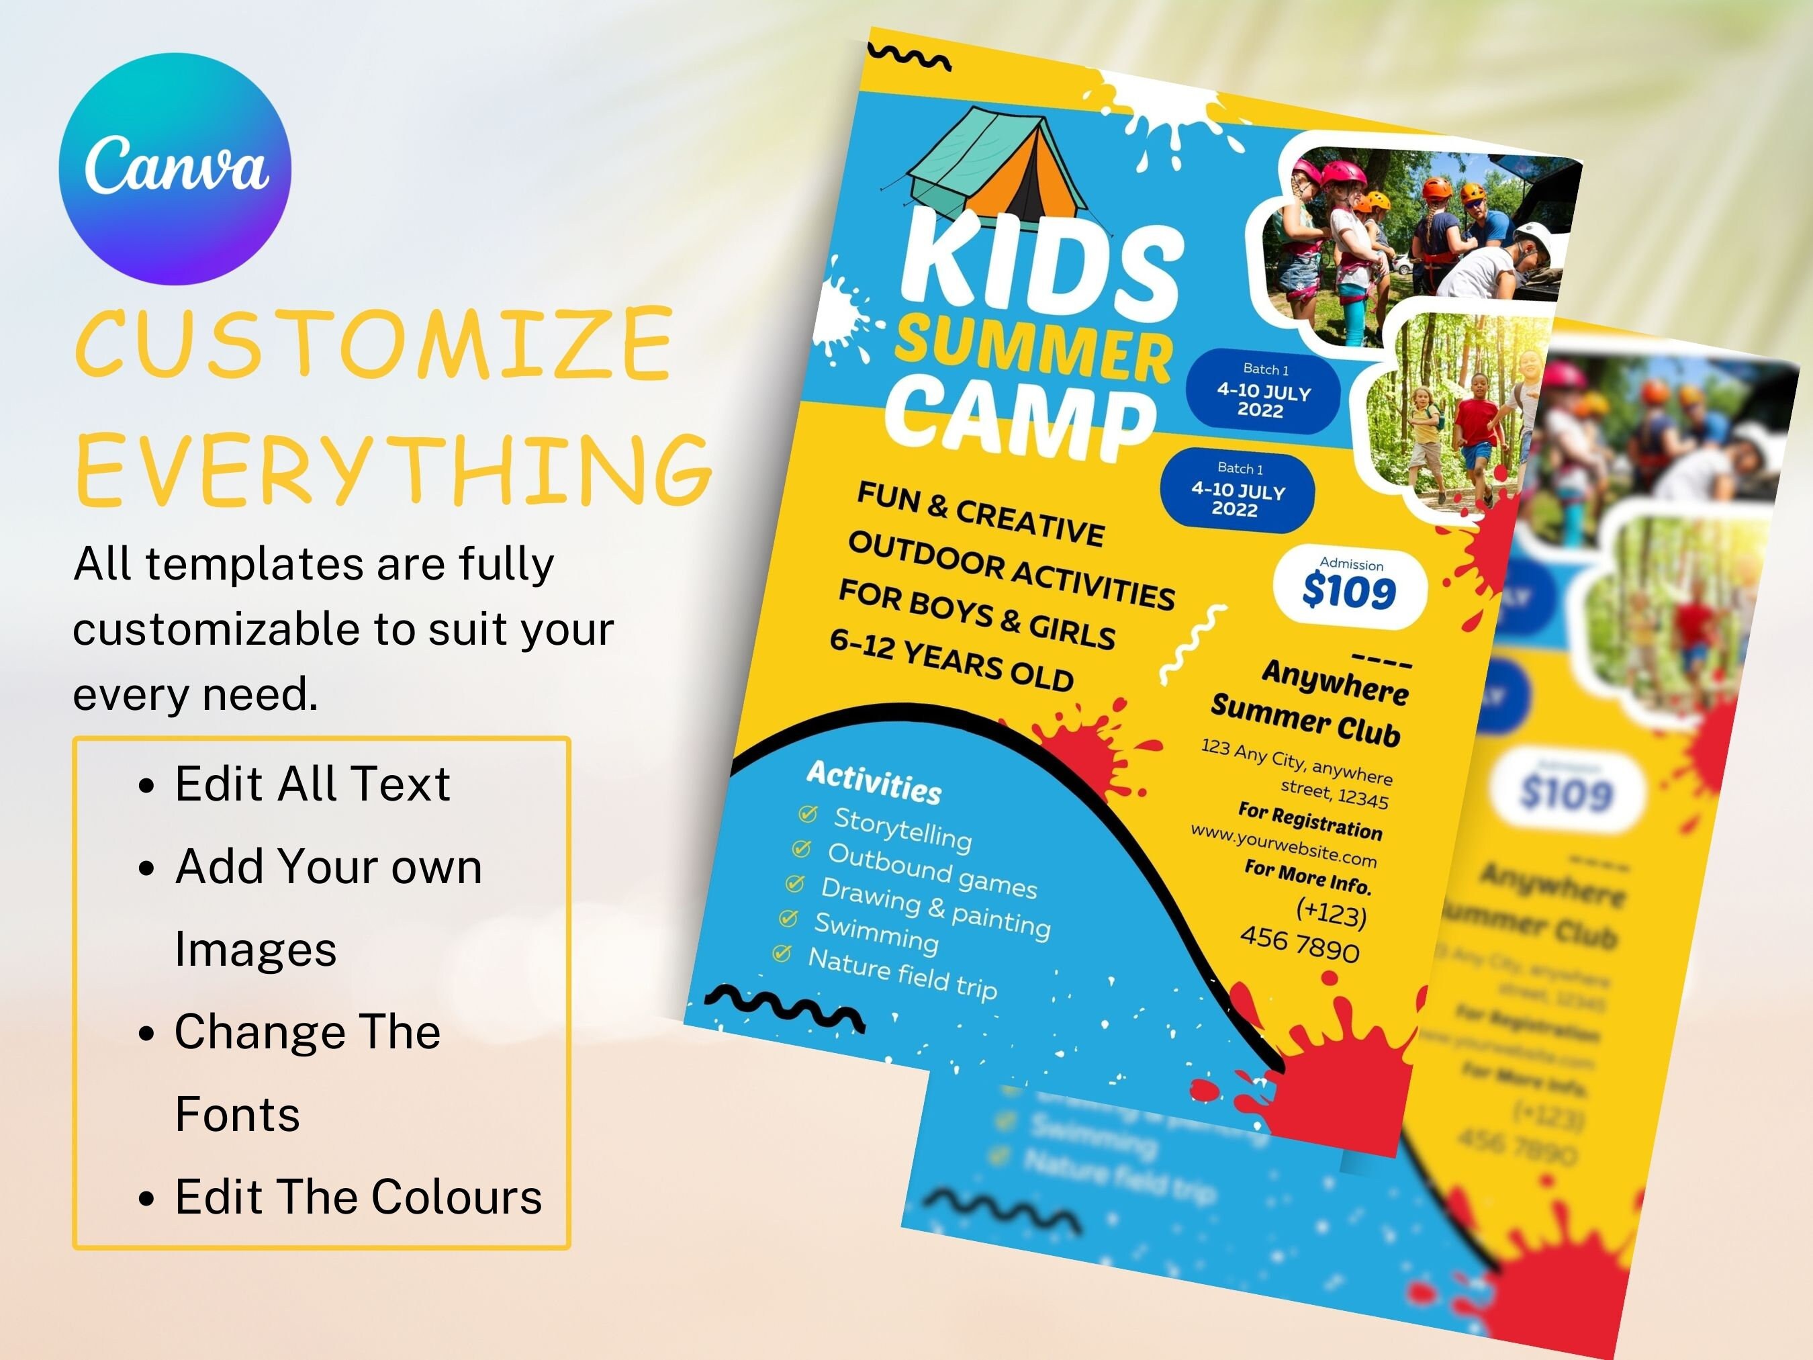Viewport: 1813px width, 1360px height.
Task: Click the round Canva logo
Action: tap(175, 169)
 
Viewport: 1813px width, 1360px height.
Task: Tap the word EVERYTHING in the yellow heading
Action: tap(393, 469)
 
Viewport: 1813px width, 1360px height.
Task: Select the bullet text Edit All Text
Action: tap(312, 784)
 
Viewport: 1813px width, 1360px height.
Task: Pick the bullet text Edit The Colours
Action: tap(358, 1197)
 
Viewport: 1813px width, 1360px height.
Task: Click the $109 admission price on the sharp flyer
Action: tap(1348, 592)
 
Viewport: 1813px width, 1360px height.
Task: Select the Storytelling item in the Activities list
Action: tap(902, 828)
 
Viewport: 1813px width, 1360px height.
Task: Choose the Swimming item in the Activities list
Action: tap(876, 933)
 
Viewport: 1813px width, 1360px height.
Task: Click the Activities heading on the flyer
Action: tap(874, 782)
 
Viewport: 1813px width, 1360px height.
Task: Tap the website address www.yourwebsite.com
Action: tap(1283, 845)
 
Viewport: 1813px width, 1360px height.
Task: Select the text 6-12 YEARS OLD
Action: tap(951, 660)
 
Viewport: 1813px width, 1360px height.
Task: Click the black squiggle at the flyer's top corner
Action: tap(909, 57)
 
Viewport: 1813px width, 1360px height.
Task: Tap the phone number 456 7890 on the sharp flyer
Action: tap(1299, 944)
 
